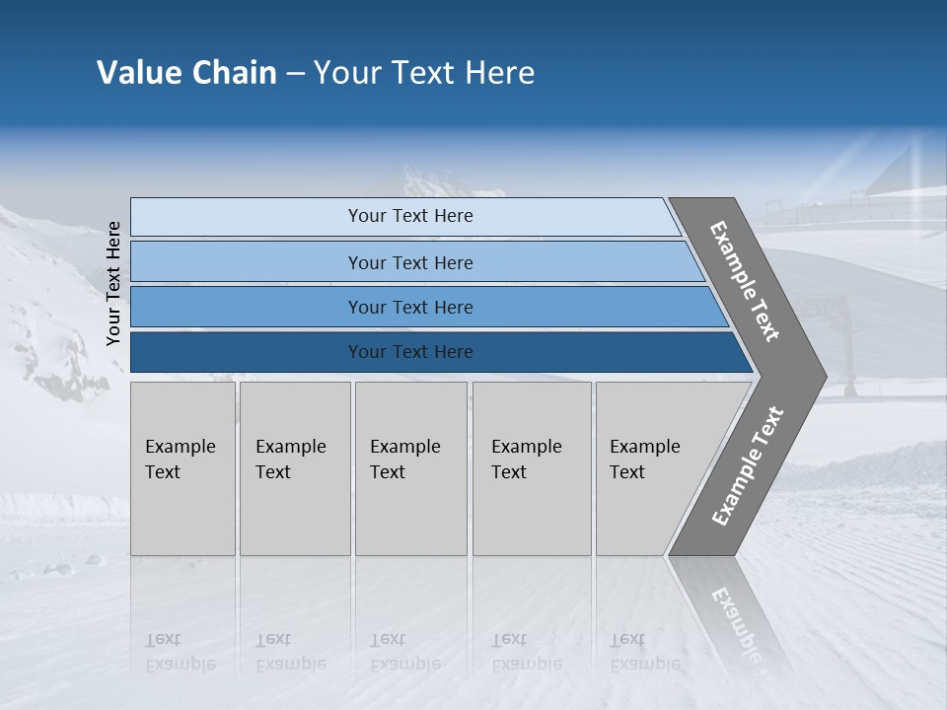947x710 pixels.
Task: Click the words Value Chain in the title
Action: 186,73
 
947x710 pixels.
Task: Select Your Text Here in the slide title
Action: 424,73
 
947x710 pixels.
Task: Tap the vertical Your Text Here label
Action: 113,283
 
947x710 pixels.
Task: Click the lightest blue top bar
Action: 410,216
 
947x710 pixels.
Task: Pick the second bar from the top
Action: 410,262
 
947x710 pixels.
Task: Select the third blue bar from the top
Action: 410,307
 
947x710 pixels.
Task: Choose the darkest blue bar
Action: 410,352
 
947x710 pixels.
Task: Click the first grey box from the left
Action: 182,467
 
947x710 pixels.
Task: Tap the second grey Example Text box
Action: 294,467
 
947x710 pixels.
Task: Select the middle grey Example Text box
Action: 409,467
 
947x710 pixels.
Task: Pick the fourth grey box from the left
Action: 531,467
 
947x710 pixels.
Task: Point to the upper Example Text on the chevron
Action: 746,281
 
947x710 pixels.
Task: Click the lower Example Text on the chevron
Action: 748,465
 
